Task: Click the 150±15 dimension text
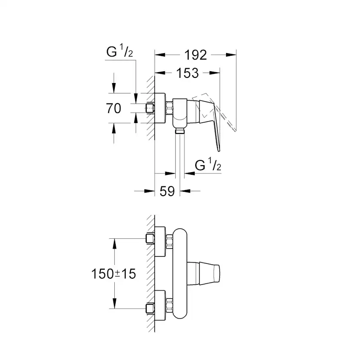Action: [114, 274]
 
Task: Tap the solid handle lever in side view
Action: [212, 124]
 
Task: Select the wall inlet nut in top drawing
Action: [151, 108]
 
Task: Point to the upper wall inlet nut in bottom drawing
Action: [150, 238]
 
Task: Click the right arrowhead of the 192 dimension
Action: [233, 55]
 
